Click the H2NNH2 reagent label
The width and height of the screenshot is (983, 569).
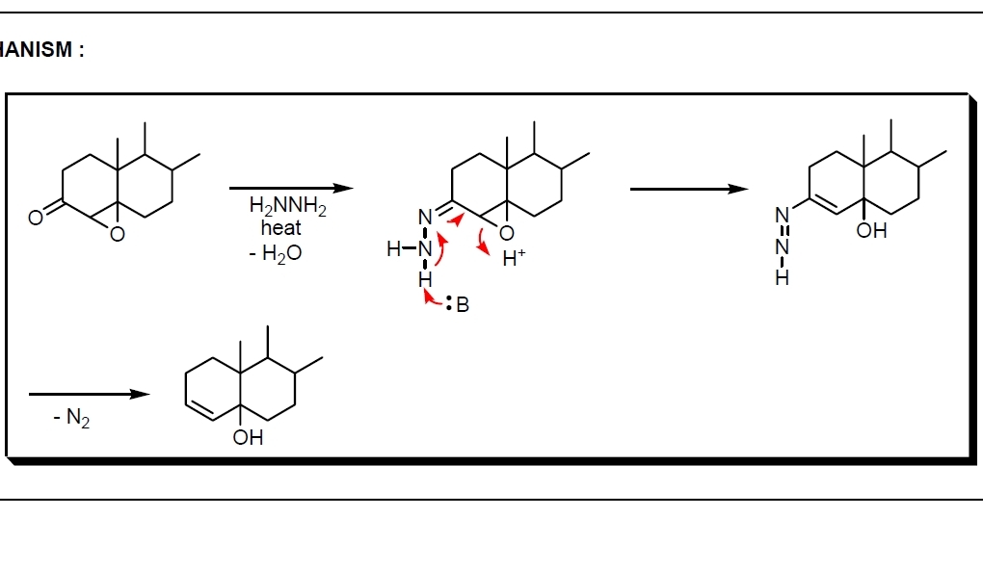click(287, 206)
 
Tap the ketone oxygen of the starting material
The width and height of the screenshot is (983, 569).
click(35, 218)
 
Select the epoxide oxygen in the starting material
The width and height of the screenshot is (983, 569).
click(117, 234)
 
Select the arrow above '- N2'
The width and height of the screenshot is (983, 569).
click(89, 394)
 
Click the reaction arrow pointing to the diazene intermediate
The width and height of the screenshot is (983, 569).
click(688, 189)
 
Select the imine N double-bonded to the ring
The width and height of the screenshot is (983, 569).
click(425, 219)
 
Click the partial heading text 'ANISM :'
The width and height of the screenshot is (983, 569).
click(41, 51)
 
